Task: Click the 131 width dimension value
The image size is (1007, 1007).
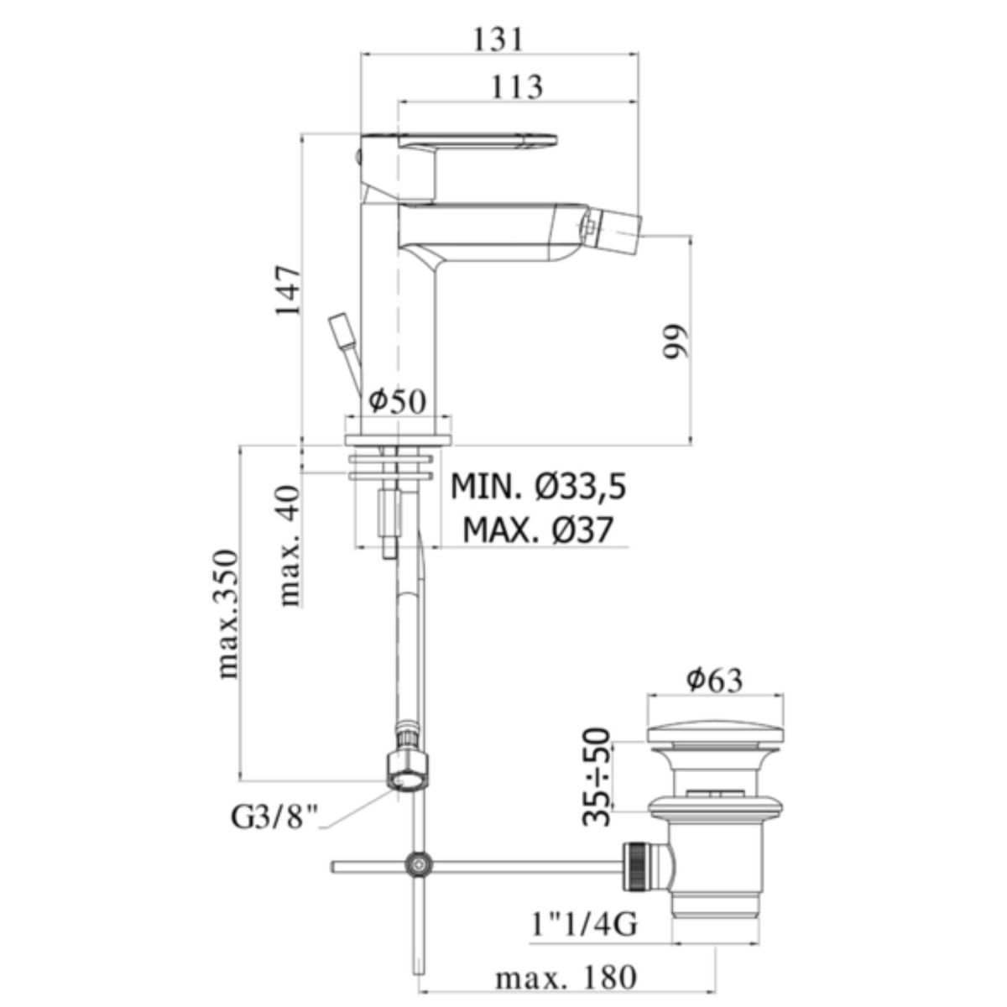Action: click(x=498, y=39)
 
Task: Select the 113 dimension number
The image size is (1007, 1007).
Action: click(x=517, y=87)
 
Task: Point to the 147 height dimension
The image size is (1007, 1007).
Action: click(x=289, y=290)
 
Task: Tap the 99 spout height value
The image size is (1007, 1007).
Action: click(x=675, y=342)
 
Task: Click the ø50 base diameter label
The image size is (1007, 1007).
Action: click(x=397, y=401)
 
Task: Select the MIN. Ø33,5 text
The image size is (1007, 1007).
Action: click(x=538, y=488)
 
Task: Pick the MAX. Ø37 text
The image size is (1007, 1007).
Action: click(x=538, y=531)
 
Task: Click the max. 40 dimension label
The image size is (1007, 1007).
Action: click(x=290, y=546)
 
